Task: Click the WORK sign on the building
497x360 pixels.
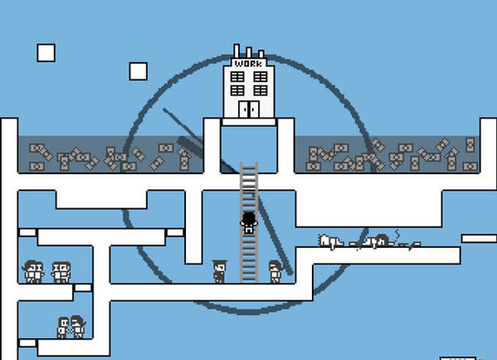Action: point(249,63)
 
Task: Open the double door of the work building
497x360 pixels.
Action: point(249,109)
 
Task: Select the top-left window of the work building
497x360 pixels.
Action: point(237,76)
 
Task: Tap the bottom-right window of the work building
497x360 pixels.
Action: point(261,90)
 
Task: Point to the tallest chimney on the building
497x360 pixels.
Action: point(236,51)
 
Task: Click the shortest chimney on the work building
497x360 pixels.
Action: point(261,54)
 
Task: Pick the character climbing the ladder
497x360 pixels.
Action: point(249,222)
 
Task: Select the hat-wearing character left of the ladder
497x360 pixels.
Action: point(219,271)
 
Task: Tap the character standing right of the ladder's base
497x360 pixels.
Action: point(275,271)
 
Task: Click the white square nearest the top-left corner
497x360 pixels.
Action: point(46,52)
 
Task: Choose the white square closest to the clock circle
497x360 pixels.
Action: point(139,71)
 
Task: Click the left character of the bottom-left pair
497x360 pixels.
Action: point(63,328)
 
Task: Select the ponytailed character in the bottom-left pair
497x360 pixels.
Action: point(78,327)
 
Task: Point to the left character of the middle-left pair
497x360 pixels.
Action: point(33,271)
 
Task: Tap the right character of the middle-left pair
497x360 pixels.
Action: point(61,272)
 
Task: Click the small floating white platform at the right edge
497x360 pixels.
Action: point(479,238)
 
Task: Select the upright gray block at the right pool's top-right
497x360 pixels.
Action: point(470,145)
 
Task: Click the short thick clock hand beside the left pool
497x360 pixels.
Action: point(191,148)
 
